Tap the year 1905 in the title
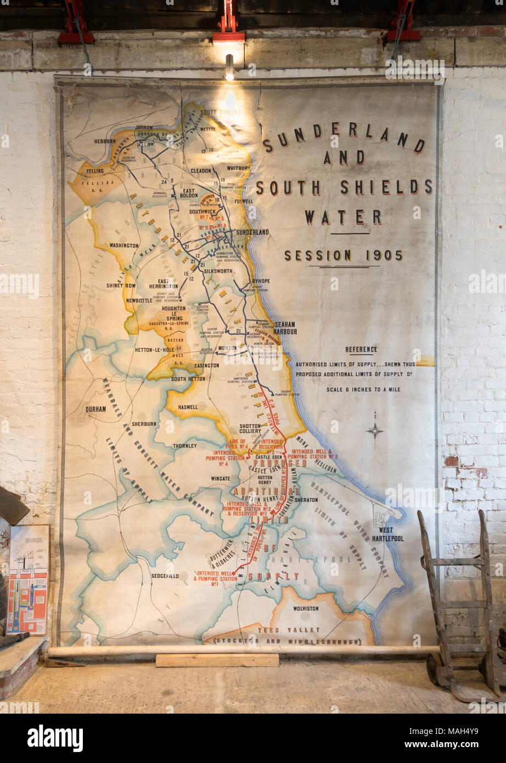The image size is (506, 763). pos(384,255)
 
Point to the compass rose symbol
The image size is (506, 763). pos(375,430)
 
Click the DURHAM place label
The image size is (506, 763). pos(95,409)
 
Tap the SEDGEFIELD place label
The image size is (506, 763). pos(165,576)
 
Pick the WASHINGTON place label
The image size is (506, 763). pos(124,245)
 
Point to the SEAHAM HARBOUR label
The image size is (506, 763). pos(285,328)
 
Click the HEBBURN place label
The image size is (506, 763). pos(105,141)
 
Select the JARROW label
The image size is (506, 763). pos(144,127)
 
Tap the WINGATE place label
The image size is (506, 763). pos(221,479)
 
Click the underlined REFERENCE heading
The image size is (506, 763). pos(361,350)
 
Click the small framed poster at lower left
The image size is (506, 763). pos(28,580)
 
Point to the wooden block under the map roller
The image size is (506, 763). pos(217,660)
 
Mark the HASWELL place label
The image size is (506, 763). pos(187,407)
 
